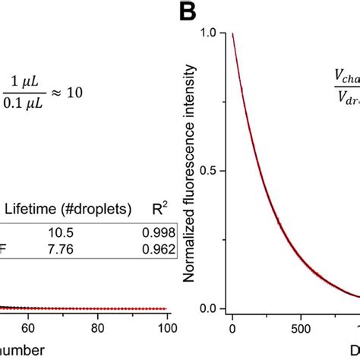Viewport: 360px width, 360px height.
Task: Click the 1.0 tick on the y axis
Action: coord(213,33)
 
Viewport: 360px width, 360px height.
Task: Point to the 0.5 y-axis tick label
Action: coord(213,171)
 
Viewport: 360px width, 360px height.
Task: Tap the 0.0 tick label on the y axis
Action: coord(213,309)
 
